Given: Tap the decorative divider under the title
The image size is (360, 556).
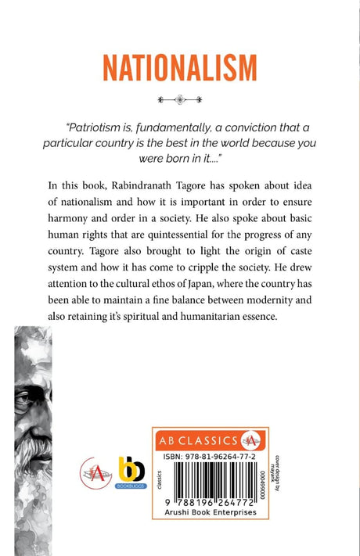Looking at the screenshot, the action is point(181,99).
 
